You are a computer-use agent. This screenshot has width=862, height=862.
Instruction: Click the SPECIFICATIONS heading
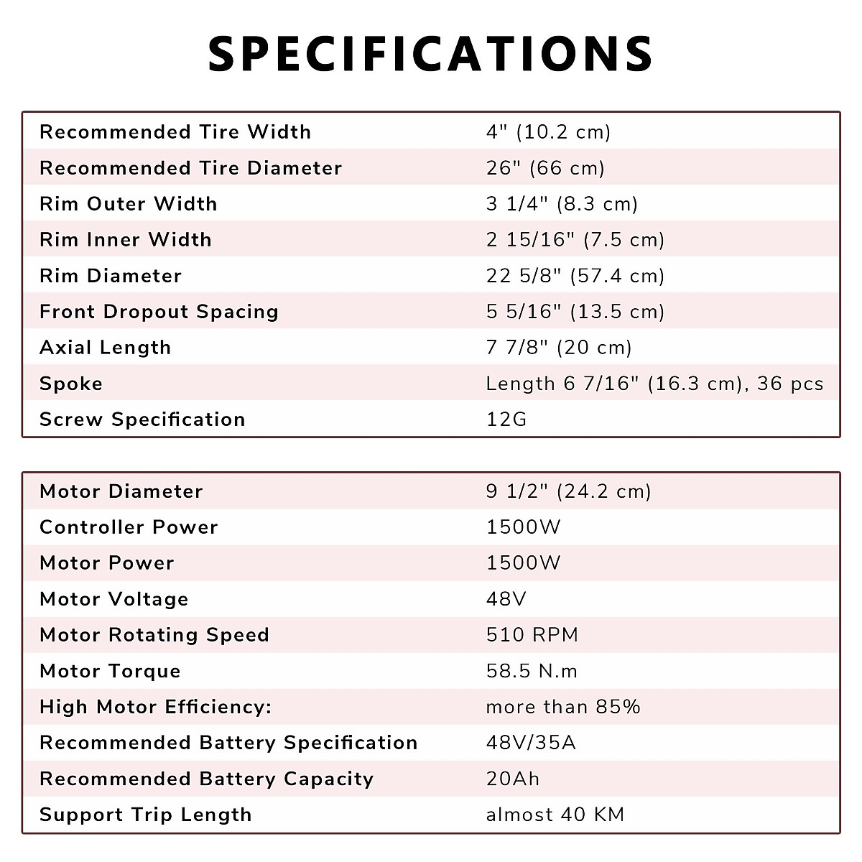(x=430, y=54)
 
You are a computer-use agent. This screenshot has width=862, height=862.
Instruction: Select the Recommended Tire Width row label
(x=175, y=132)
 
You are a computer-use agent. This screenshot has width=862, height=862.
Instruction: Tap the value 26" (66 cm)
(x=545, y=168)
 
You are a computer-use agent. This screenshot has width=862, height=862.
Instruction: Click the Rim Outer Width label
(x=128, y=204)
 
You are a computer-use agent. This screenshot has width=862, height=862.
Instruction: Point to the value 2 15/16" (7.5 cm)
(x=575, y=240)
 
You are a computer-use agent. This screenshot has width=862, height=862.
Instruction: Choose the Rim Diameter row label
(x=111, y=276)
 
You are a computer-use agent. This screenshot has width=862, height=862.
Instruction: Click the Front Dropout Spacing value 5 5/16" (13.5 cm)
(x=575, y=312)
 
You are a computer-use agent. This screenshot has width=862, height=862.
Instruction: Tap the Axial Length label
(x=105, y=348)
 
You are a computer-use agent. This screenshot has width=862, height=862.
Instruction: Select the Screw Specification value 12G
(x=506, y=420)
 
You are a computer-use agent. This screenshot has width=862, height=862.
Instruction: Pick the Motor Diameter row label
(x=121, y=491)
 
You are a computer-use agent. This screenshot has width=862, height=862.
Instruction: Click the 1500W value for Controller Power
(x=523, y=527)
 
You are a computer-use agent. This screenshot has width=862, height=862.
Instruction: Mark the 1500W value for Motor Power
(x=523, y=563)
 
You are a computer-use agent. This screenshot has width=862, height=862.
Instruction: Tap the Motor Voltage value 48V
(x=506, y=599)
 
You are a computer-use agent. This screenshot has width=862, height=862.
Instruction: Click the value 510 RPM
(x=532, y=635)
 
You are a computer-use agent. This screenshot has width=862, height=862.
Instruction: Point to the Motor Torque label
(x=110, y=671)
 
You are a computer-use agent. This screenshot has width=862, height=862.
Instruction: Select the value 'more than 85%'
(x=563, y=707)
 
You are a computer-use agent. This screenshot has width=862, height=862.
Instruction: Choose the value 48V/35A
(x=531, y=743)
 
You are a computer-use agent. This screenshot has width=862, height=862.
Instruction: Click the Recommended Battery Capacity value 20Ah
(x=512, y=779)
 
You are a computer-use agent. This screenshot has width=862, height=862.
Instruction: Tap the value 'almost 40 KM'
(x=555, y=815)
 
